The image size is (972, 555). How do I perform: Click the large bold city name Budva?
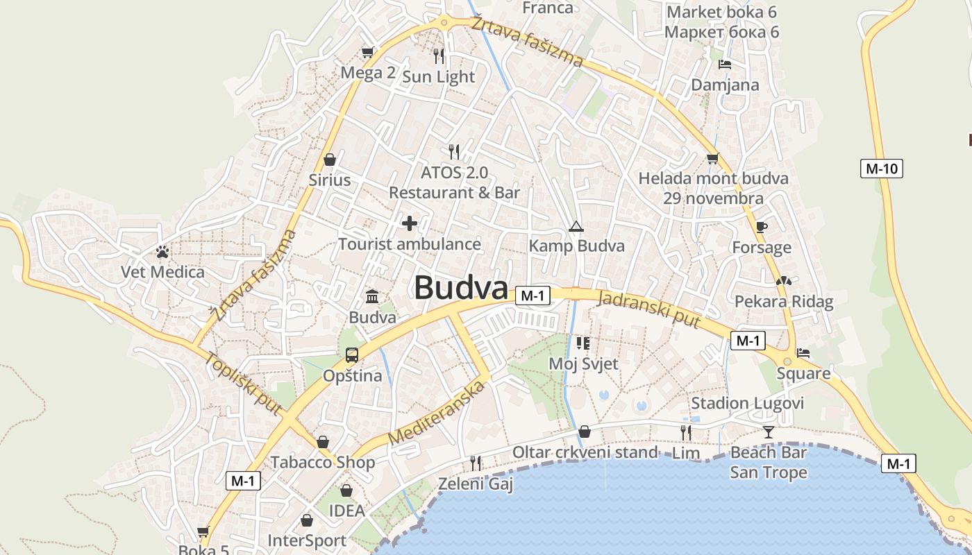pyautogui.click(x=461, y=288)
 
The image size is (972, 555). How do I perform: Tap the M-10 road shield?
pyautogui.click(x=881, y=168)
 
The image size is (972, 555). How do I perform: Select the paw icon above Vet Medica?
pyautogui.click(x=162, y=252)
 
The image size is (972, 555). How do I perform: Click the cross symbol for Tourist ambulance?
pyautogui.click(x=410, y=223)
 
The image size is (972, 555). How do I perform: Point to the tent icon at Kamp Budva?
pyautogui.click(x=576, y=226)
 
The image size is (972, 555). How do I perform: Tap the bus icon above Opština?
pyautogui.click(x=352, y=355)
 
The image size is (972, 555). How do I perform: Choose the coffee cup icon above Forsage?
pyautogui.click(x=762, y=227)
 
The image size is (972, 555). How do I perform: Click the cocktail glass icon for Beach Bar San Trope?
pyautogui.click(x=768, y=432)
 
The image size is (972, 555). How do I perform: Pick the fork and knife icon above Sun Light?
pyautogui.click(x=439, y=55)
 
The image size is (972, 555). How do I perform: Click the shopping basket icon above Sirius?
pyautogui.click(x=330, y=160)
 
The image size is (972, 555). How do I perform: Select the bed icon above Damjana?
pyautogui.click(x=725, y=65)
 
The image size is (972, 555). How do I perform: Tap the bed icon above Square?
pyautogui.click(x=803, y=353)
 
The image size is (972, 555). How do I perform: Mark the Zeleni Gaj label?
pyautogui.click(x=476, y=484)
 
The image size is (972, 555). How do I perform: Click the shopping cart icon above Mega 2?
pyautogui.click(x=368, y=52)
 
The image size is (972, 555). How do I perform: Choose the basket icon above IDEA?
pyautogui.click(x=346, y=491)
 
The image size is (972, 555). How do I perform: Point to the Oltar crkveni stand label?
pyautogui.click(x=585, y=452)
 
